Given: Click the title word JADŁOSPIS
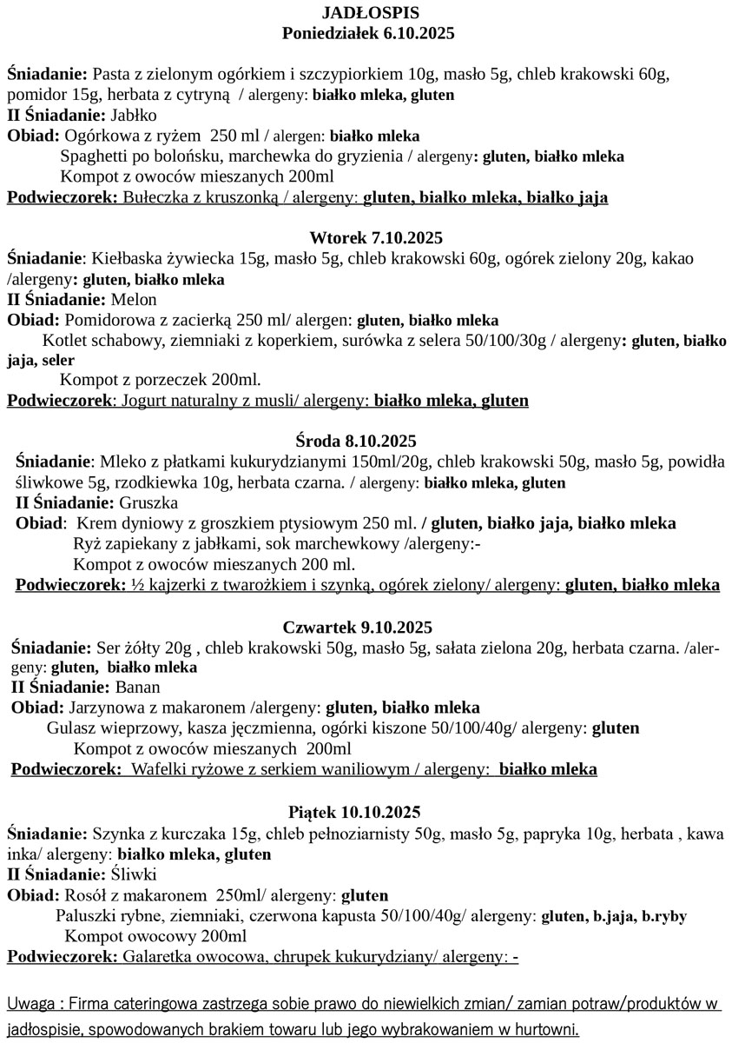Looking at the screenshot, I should coord(369,13).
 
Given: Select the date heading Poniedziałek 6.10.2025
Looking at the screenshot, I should coord(369,34).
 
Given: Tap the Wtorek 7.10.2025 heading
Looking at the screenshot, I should coord(369,238).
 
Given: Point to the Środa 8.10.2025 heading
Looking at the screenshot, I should coord(369,442).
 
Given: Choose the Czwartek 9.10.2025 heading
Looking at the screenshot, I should coord(369,628).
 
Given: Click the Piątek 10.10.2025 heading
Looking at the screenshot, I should coord(369,813).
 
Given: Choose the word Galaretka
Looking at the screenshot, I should coord(161,957).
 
